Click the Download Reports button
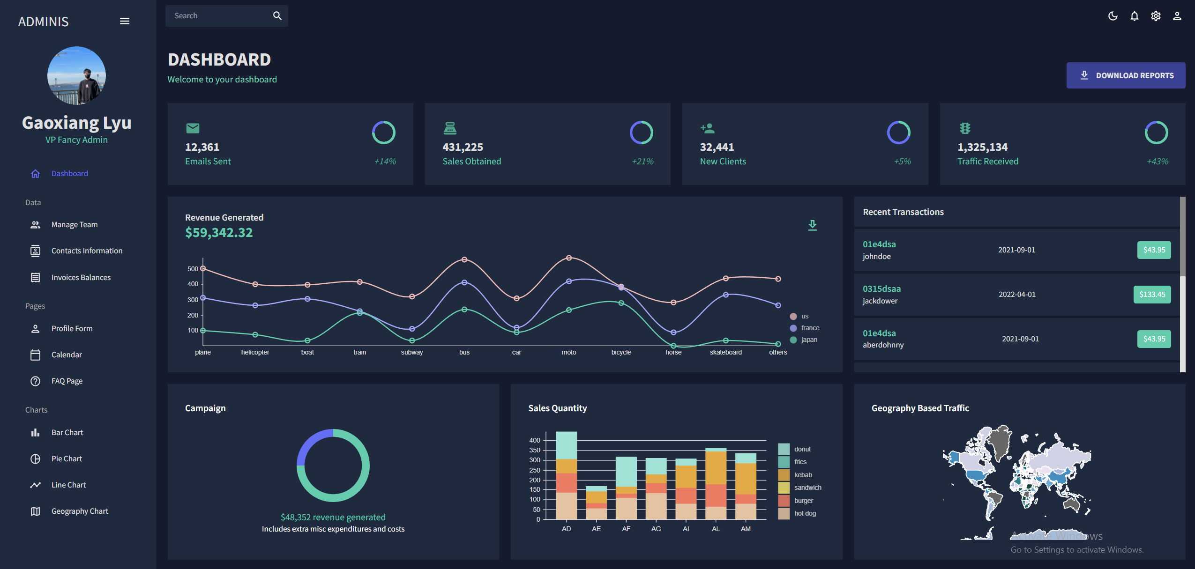[x=1126, y=75]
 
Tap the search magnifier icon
[x=277, y=16]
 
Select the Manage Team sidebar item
[x=75, y=225]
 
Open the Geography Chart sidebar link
[x=80, y=511]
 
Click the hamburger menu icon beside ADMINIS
[x=125, y=22]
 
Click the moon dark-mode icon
[x=1113, y=16]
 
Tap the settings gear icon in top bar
[x=1156, y=16]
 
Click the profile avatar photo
[x=76, y=75]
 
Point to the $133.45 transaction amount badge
[x=1152, y=295]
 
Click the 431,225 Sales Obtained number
[x=463, y=147]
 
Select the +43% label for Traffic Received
[x=1157, y=162]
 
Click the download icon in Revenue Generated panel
[x=812, y=225]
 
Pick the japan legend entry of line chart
[x=809, y=340]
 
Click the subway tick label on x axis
[x=411, y=353]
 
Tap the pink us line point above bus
[x=464, y=259]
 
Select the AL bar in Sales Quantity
[x=716, y=484]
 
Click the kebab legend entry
[x=803, y=475]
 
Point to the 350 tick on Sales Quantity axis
[x=535, y=451]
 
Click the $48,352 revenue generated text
[x=333, y=517]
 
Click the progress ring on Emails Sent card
[x=383, y=133]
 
